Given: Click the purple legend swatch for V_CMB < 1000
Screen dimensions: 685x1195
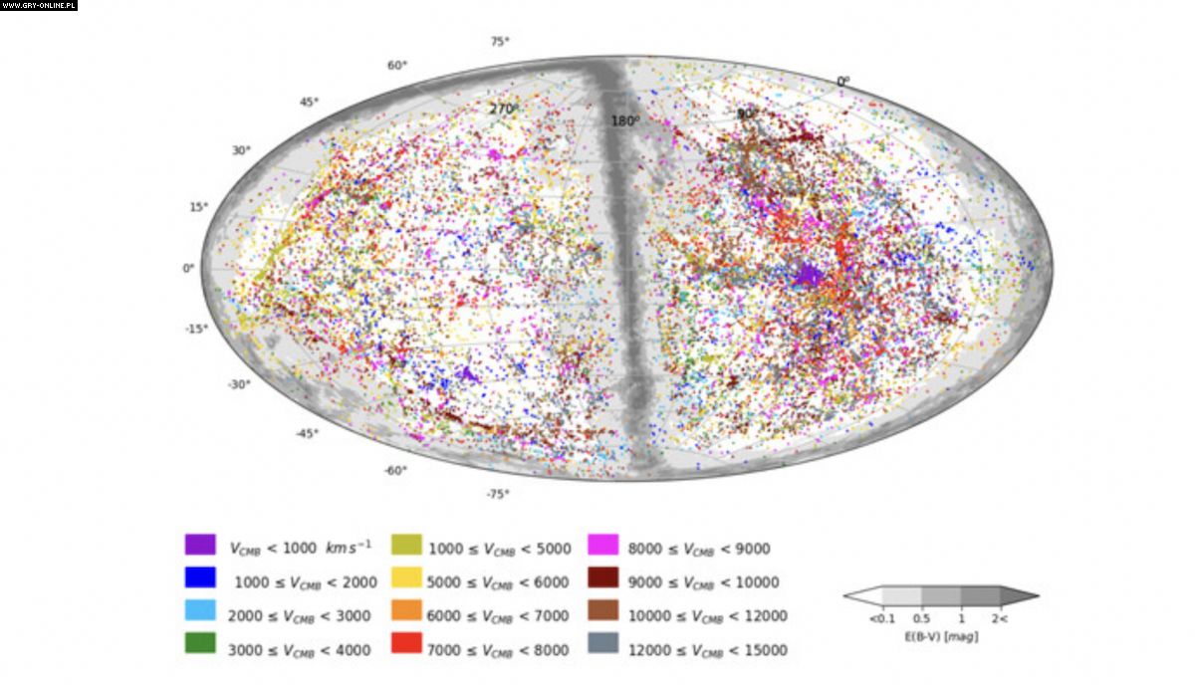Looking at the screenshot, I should [x=200, y=545].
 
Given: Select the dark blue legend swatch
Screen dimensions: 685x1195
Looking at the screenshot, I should [x=200, y=577].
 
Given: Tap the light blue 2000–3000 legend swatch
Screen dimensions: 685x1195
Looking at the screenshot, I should [x=200, y=610].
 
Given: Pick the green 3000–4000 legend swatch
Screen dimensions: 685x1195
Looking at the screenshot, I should [x=200, y=644].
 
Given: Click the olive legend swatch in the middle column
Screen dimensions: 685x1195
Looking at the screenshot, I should [x=404, y=545].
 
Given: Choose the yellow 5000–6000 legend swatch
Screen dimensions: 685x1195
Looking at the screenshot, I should [x=404, y=577].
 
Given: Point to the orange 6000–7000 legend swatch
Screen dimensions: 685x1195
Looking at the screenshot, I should [x=404, y=610].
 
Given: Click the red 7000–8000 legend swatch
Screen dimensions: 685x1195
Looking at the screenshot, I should [x=404, y=644].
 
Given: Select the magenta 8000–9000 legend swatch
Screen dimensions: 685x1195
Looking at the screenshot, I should [x=603, y=545].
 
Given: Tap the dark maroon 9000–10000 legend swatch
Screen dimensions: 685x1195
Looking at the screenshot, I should [x=603, y=577].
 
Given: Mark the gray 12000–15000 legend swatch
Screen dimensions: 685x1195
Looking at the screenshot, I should [x=603, y=644].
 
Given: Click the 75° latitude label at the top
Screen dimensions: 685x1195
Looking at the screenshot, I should [x=500, y=42].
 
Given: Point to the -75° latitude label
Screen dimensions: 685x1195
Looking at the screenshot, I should [x=497, y=494].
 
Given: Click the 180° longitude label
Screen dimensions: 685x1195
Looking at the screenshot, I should [x=625, y=121].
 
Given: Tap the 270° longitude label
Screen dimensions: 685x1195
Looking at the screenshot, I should [x=504, y=109].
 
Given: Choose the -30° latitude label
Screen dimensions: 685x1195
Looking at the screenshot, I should [x=238, y=384].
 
